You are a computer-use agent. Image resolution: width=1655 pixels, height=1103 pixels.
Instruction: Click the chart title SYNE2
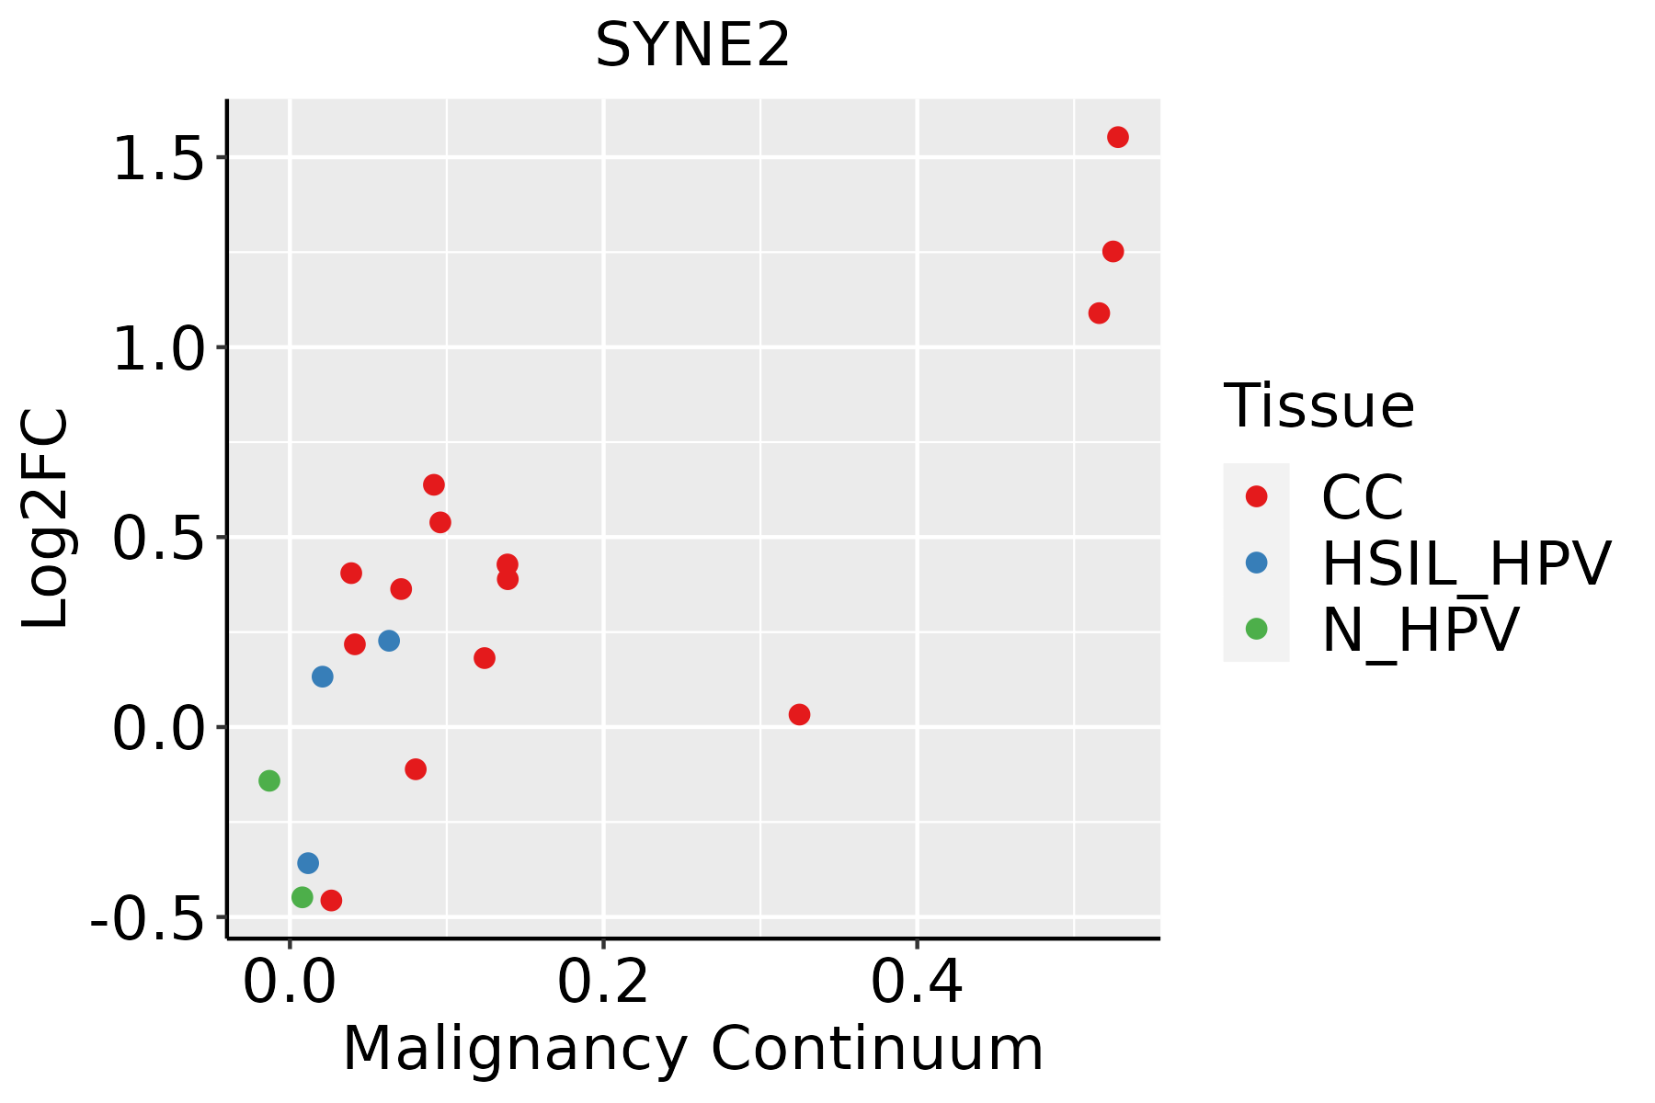pyautogui.click(x=692, y=46)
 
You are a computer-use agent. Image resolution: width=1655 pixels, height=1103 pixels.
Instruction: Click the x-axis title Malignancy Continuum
pyautogui.click(x=692, y=1049)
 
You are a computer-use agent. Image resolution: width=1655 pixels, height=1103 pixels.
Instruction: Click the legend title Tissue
pyautogui.click(x=1318, y=405)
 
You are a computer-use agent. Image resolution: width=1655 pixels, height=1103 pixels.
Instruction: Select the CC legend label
pyautogui.click(x=1363, y=497)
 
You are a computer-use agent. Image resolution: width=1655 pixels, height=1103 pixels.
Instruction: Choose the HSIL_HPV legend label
pyautogui.click(x=1466, y=563)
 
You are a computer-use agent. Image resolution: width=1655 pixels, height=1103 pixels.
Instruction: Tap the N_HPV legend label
pyautogui.click(x=1420, y=630)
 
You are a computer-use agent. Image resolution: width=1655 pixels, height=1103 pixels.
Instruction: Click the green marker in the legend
pyautogui.click(x=1256, y=629)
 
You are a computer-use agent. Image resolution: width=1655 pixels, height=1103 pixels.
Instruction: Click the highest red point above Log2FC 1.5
pyautogui.click(x=1118, y=137)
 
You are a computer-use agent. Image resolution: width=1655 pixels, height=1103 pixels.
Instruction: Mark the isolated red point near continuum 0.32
pyautogui.click(x=799, y=714)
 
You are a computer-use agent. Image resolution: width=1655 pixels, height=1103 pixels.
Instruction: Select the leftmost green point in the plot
pyautogui.click(x=269, y=780)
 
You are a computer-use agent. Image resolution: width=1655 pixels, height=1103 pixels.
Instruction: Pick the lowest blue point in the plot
pyautogui.click(x=308, y=863)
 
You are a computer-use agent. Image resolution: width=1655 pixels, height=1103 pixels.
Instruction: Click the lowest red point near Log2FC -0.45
pyautogui.click(x=331, y=900)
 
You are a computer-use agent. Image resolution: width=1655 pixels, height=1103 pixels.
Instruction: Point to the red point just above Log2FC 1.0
pyautogui.click(x=1099, y=313)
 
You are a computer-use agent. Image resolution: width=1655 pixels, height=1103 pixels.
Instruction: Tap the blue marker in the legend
pyautogui.click(x=1256, y=563)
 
